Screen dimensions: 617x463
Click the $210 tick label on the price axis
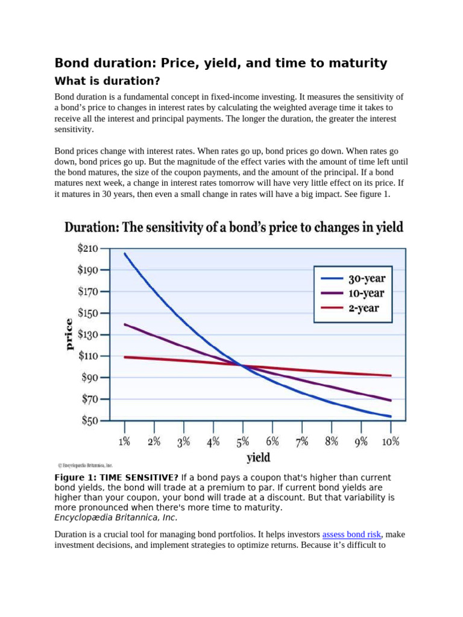click(88, 248)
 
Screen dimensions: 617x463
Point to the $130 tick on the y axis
click(88, 334)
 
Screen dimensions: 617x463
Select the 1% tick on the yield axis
click(124, 442)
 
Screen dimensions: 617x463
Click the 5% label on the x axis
click(243, 442)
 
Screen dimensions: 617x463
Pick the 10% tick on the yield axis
click(391, 442)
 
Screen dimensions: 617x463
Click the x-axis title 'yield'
click(258, 457)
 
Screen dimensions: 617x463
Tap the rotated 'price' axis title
click(69, 334)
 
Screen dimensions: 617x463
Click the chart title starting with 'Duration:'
click(234, 228)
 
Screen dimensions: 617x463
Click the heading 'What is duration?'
click(107, 81)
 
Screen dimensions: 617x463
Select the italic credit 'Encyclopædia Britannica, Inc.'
click(116, 518)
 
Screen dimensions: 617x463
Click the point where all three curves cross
click(242, 365)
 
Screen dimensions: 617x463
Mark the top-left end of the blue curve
click(125, 254)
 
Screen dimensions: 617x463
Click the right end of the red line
click(391, 376)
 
